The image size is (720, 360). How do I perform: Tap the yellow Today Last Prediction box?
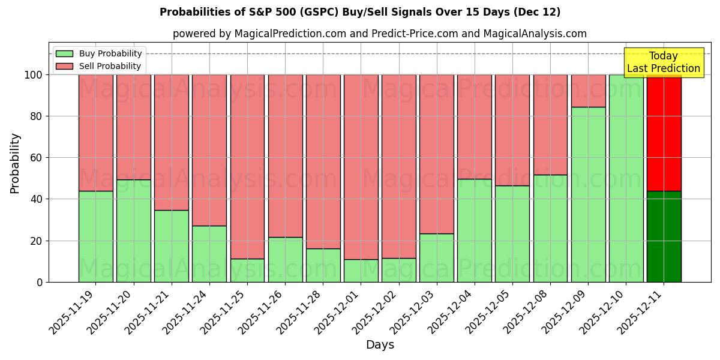[x=663, y=62]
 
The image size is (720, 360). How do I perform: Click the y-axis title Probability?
[x=15, y=163]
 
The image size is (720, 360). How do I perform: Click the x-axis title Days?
[x=380, y=345]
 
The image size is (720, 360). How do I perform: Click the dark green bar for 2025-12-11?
[x=664, y=236]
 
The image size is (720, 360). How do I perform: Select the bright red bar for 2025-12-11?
[x=664, y=132]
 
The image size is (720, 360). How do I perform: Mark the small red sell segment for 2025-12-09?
[x=588, y=91]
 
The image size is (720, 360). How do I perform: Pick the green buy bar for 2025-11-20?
[x=133, y=231]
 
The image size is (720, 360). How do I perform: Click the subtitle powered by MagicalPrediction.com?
[x=380, y=34]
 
